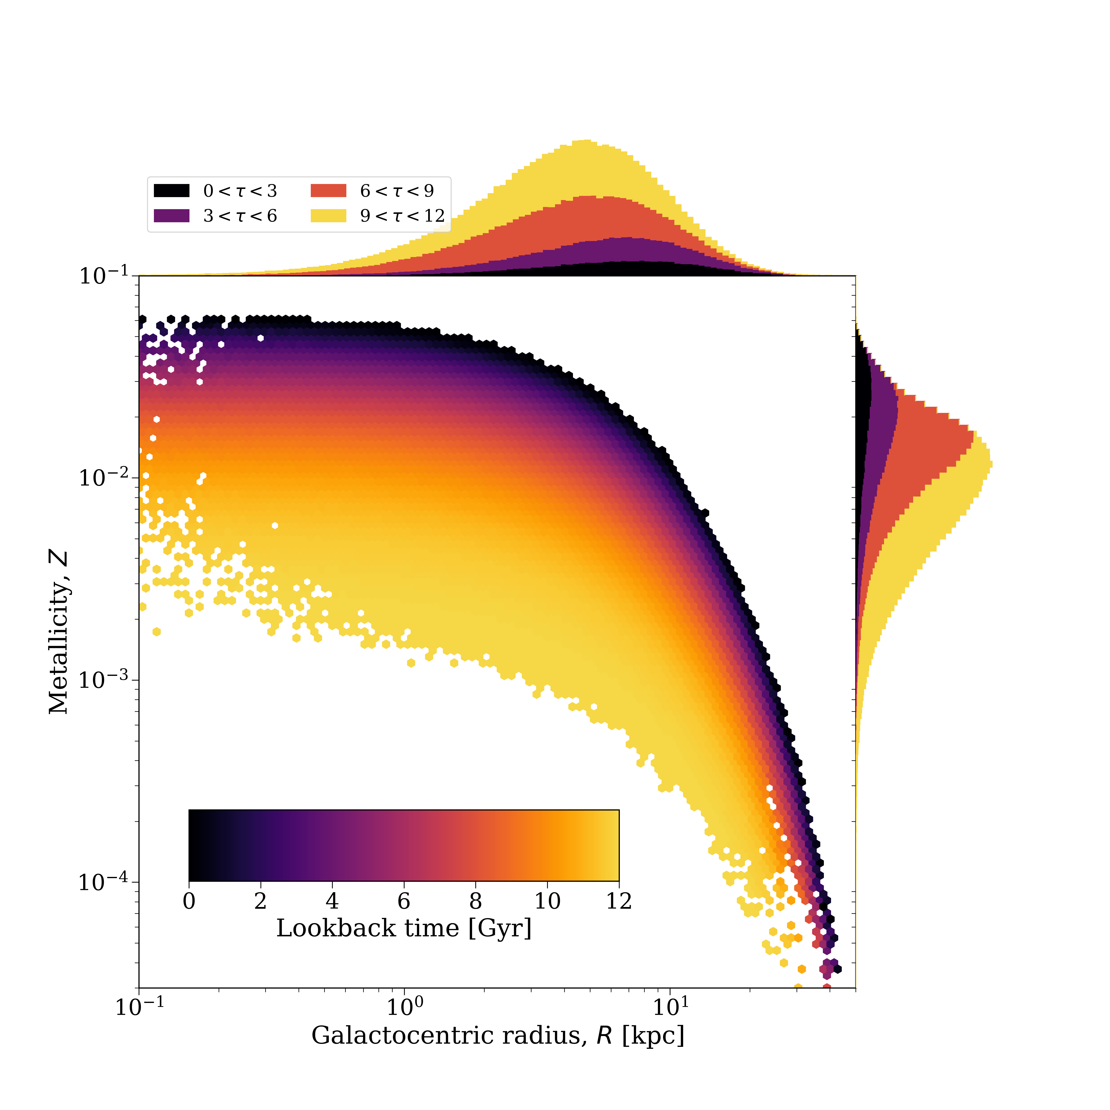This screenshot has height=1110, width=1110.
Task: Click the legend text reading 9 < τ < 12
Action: (402, 216)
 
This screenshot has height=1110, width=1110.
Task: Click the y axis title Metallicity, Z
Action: (59, 632)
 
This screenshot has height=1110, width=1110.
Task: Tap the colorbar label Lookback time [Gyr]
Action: (404, 928)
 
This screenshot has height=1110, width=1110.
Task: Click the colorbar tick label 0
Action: (189, 901)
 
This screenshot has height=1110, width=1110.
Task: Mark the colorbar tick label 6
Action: (404, 901)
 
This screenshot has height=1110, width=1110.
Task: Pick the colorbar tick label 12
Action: (619, 901)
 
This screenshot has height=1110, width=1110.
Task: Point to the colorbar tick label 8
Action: (476, 901)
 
